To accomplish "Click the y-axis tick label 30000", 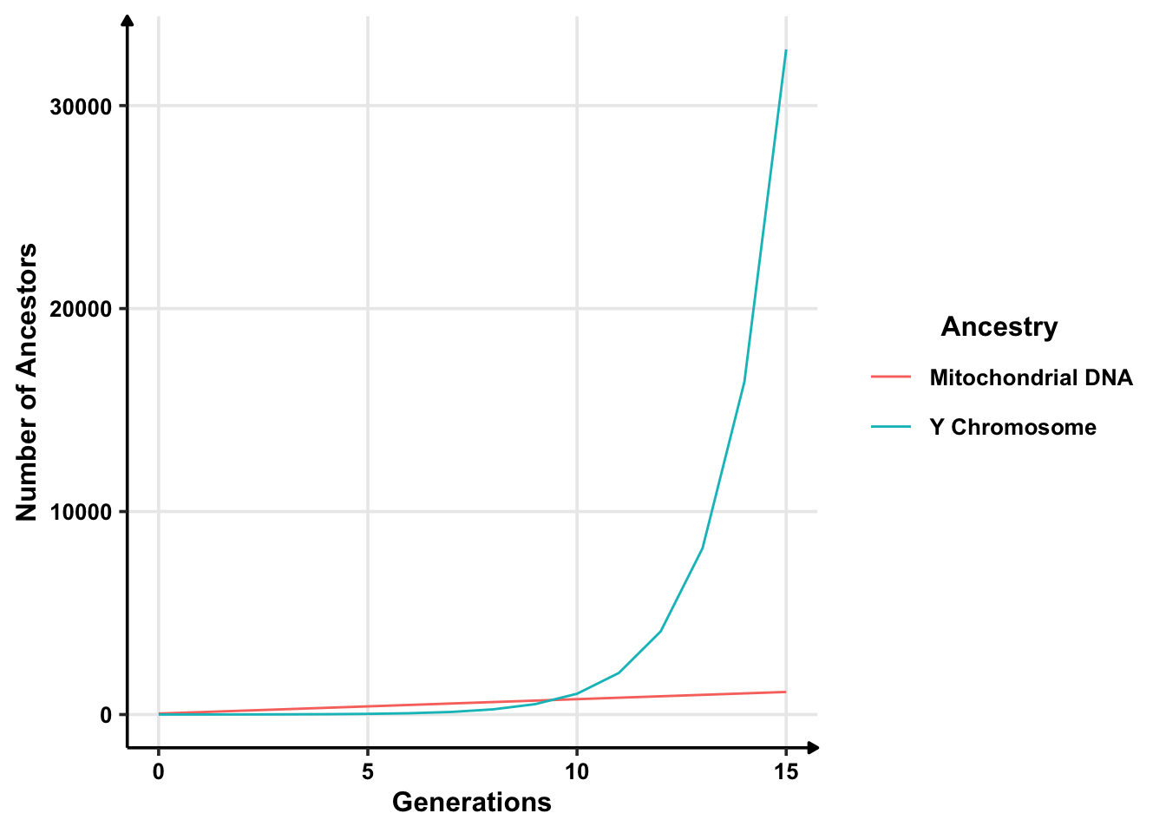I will point(82,107).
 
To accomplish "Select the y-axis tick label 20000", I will point(82,309).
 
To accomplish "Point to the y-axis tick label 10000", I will point(82,512).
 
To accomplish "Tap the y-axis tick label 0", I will point(107,715).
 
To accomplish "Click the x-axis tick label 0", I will point(158,771).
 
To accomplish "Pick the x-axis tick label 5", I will point(368,771).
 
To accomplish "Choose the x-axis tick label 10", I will point(577,771).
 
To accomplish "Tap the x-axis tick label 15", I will point(786,771).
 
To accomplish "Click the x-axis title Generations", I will point(471,803).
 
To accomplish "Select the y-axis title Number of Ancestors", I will point(28,382).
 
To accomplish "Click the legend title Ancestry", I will point(999,327).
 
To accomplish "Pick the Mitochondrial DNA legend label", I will point(1031,378).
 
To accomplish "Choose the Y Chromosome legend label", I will point(1012,428).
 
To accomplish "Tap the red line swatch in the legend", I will point(891,377).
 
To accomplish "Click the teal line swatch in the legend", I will point(891,427).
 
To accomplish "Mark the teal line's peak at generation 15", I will point(786,50).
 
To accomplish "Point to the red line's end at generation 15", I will point(786,692).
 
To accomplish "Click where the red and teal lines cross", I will point(555,699).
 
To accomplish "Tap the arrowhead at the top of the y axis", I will point(128,21).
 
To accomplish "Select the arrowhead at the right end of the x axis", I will point(813,746).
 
